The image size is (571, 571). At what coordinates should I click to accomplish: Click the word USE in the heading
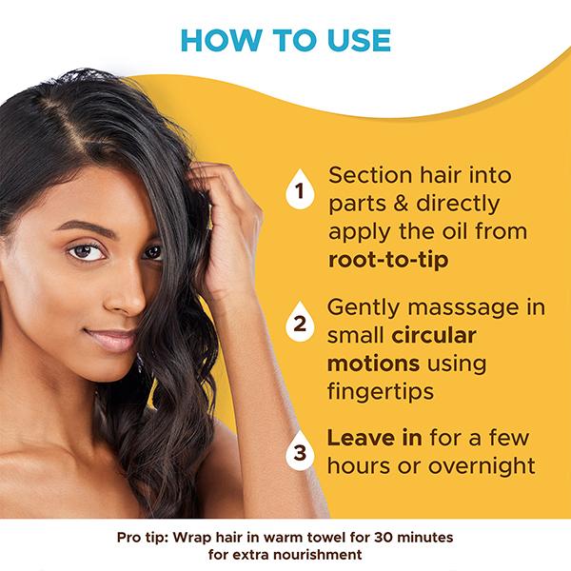359,40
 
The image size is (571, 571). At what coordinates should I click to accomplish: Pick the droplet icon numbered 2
300,322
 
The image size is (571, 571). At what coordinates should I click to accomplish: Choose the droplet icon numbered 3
300,450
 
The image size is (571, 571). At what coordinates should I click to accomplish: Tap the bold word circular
434,335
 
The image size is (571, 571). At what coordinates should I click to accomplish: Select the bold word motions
373,364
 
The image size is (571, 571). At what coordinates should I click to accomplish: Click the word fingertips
381,392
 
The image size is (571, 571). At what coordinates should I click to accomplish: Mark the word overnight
482,465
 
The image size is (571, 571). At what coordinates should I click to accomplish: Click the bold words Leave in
374,438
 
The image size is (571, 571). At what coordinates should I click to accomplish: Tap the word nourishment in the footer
317,555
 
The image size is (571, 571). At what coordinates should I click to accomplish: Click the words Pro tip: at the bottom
143,538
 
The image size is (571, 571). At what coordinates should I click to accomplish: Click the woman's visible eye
86,251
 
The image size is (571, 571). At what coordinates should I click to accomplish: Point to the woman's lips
111,340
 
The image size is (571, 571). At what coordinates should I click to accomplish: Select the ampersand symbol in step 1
401,204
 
